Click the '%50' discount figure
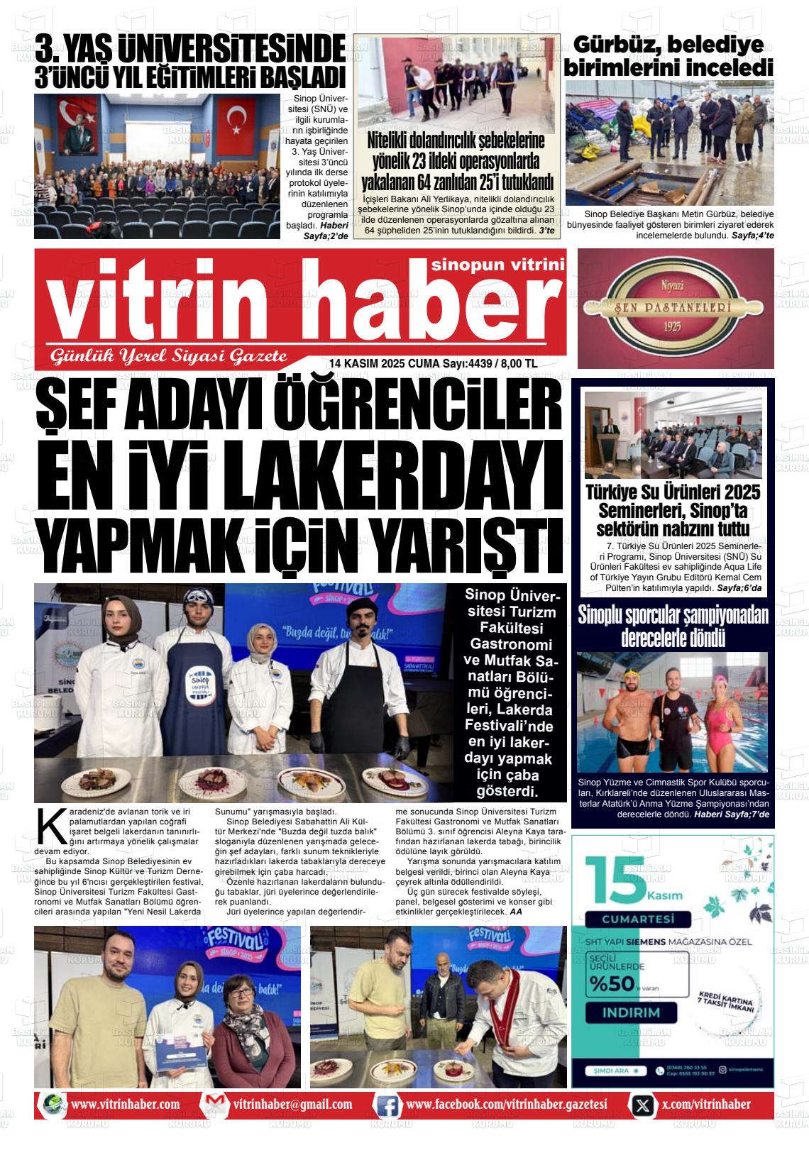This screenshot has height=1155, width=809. coord(610,984)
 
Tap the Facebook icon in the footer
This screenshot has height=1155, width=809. coord(387,1105)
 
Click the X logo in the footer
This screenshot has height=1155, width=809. coord(643,1105)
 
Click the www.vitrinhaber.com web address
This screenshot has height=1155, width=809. coord(126,1105)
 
